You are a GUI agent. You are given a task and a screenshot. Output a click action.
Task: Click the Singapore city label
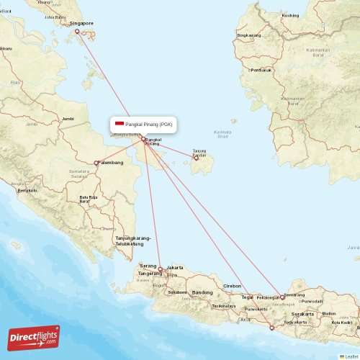pos(81,23)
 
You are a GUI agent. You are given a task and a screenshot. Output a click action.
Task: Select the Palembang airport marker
pos(97,163)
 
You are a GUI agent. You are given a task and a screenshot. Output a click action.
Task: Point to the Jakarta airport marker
pos(160,269)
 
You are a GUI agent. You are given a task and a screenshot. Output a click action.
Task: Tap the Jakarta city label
pos(175,268)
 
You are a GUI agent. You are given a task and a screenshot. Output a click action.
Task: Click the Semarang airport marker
pos(283,297)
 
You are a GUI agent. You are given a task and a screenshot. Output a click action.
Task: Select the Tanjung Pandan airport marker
pos(196,158)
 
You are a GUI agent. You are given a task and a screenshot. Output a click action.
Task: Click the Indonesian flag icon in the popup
pos(120,124)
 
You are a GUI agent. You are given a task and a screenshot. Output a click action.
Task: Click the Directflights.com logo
pos(34,338)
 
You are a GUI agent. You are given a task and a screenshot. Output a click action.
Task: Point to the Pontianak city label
pos(261,70)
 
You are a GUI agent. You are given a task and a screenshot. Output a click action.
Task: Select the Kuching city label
pos(291,15)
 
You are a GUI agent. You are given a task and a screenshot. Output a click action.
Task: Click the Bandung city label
pos(202,292)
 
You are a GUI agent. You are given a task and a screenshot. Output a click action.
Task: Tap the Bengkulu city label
pos(27,190)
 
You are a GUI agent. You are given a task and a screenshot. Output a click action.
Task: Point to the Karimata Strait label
pos(222,134)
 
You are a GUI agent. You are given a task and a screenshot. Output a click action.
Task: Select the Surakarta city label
pos(302,315)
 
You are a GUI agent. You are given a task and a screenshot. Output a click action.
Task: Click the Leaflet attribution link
pos(351,356)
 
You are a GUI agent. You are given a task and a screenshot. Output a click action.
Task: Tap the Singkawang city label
pos(249,35)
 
